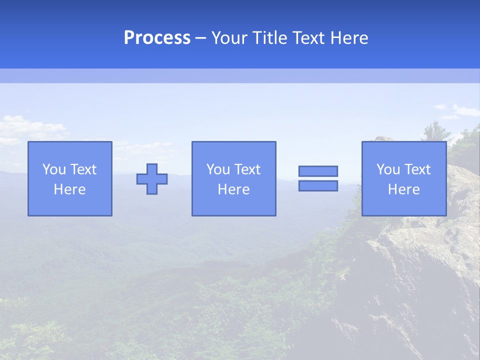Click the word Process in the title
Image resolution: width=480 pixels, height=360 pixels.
[157, 38]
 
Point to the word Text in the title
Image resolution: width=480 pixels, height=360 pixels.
[307, 38]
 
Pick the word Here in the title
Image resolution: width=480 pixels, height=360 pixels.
[348, 38]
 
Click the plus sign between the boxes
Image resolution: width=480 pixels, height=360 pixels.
[152, 178]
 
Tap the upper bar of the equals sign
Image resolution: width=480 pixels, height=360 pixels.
[318, 171]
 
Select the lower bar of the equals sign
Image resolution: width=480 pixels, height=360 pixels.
[318, 186]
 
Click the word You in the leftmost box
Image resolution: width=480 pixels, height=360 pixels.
[54, 169]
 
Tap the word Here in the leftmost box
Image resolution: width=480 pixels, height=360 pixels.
[70, 189]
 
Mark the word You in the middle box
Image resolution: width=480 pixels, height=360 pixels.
[218, 169]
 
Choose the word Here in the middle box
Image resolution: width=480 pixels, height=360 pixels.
[233, 189]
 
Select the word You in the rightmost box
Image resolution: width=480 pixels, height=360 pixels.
[388, 169]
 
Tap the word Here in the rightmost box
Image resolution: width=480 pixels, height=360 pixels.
[404, 189]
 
